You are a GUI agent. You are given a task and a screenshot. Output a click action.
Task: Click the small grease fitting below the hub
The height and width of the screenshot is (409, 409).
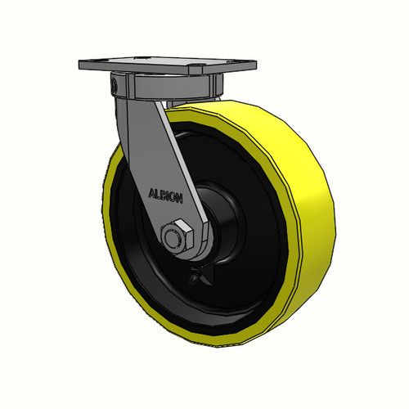coord(195,277)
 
